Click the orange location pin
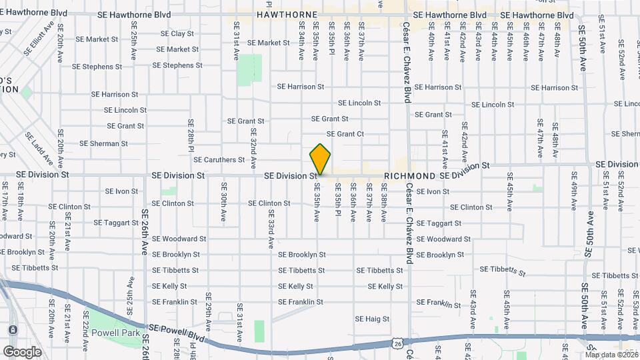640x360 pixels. (320, 159)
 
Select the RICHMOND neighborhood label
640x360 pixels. (409, 176)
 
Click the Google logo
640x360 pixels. (22, 351)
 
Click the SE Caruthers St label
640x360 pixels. (219, 160)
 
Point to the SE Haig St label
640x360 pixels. (372, 319)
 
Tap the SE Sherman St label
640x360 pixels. (103, 143)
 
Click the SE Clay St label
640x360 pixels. (173, 33)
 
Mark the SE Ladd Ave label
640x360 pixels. (39, 149)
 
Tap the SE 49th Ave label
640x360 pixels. (573, 189)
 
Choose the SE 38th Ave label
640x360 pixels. (384, 207)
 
